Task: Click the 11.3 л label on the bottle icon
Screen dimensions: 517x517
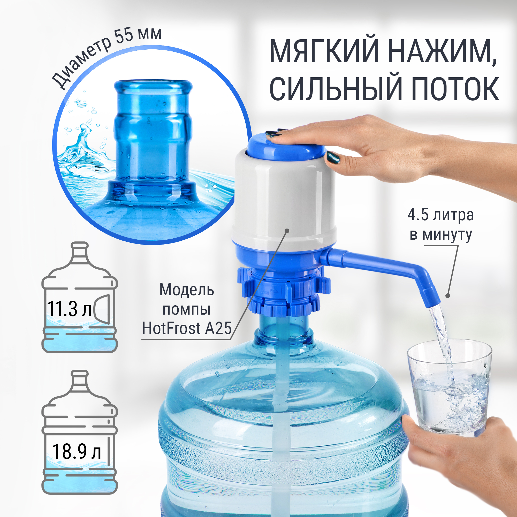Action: point(69,309)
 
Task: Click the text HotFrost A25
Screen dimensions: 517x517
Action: point(187,328)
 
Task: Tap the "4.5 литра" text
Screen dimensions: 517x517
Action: point(440,215)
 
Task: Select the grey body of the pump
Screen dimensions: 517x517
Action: point(284,198)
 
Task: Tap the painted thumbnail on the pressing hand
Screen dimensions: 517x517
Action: point(333,158)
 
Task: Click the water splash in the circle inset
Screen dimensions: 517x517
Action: point(80,150)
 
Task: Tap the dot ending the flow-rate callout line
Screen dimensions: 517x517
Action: point(447,296)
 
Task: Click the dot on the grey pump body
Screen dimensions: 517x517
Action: point(287,230)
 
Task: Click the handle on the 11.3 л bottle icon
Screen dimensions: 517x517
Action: point(103,309)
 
